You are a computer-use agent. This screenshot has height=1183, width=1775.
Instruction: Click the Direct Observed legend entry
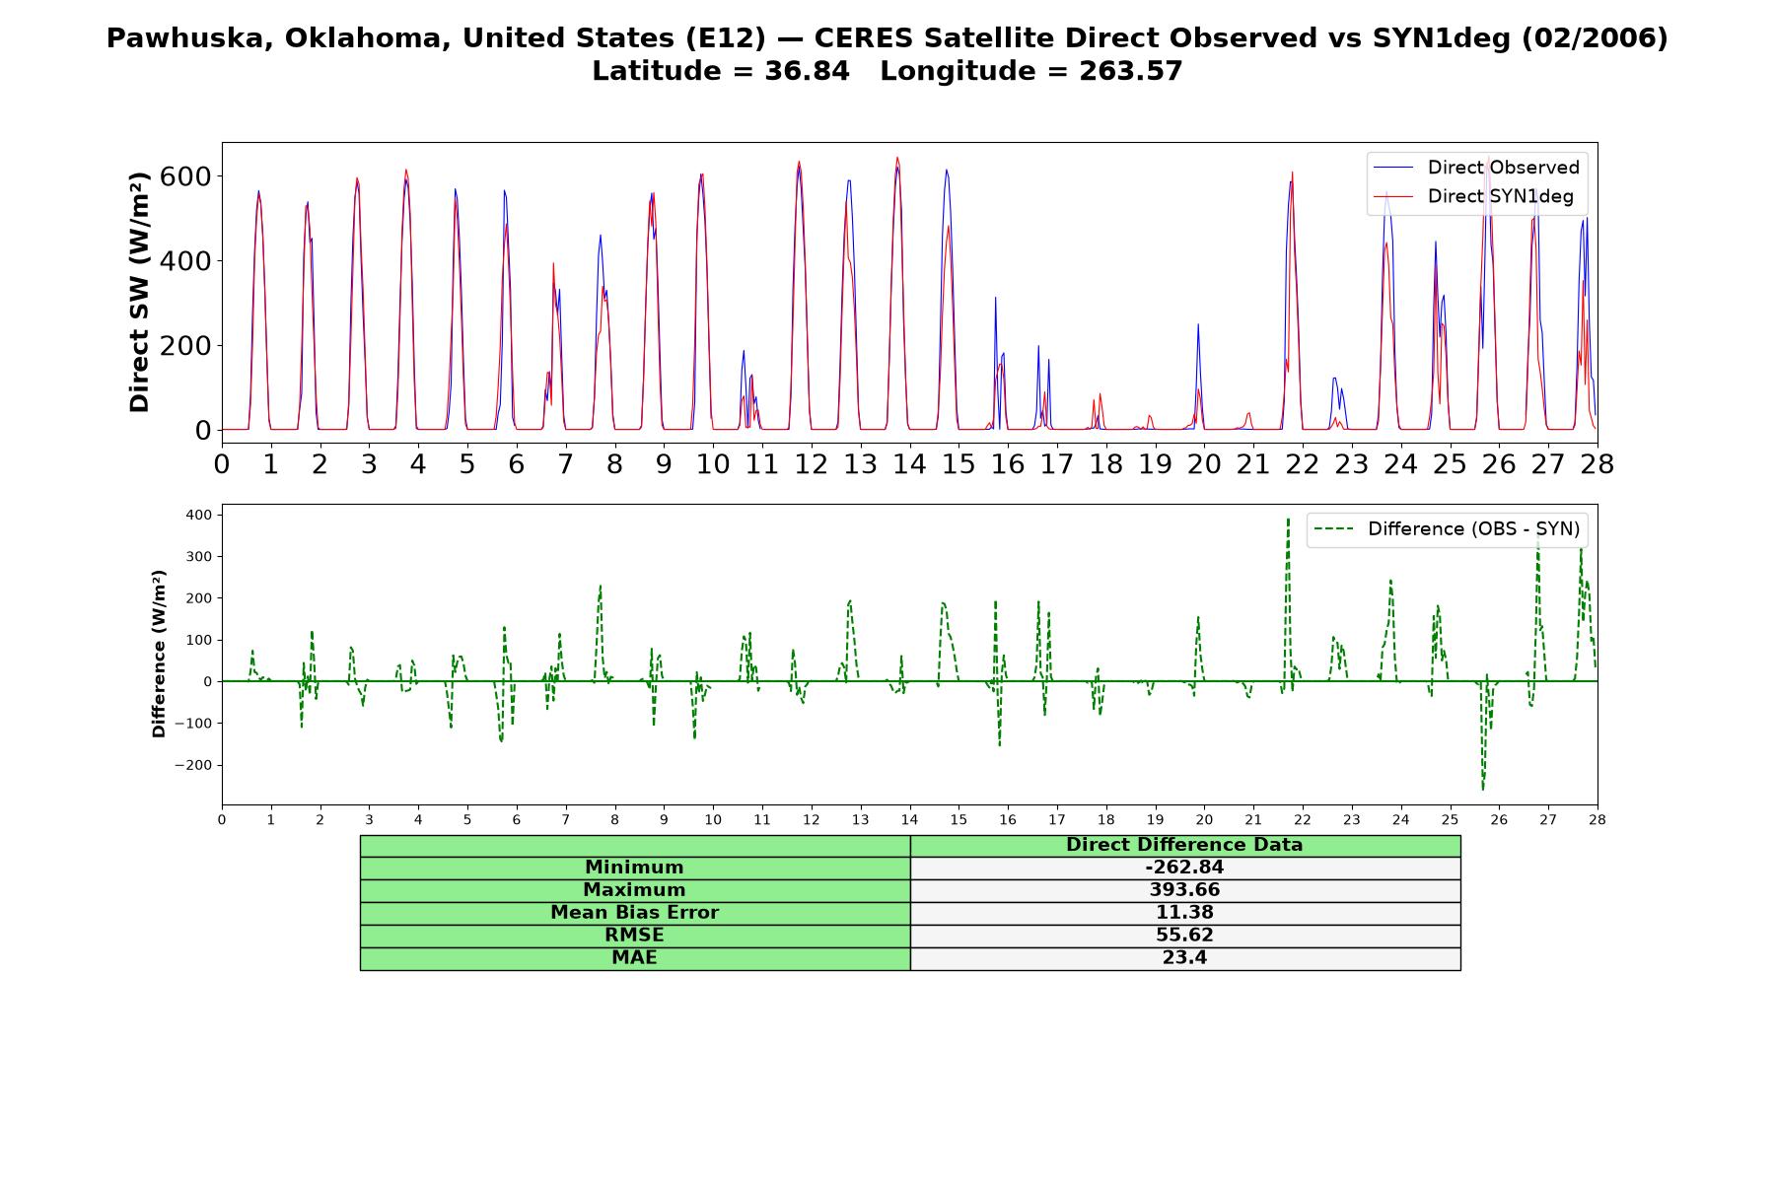[x=1476, y=168]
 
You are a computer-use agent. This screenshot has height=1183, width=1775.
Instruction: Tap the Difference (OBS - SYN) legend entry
[x=1447, y=529]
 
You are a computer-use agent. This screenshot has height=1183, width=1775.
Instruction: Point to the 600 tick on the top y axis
[x=189, y=176]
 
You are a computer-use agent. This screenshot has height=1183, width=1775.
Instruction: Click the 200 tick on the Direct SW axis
[x=189, y=346]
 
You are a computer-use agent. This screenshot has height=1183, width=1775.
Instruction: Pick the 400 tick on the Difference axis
[x=198, y=515]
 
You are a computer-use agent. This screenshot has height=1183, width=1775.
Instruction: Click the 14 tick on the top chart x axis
[x=909, y=463]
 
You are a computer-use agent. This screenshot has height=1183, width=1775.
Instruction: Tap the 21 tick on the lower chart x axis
[x=1253, y=819]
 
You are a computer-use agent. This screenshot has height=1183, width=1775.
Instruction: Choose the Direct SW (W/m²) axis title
[x=139, y=292]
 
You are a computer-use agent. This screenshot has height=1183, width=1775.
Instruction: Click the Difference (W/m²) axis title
[x=159, y=654]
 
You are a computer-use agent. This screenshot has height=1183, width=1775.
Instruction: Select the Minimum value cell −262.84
[x=1184, y=868]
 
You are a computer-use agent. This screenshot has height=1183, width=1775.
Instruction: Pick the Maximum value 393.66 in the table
[x=1184, y=890]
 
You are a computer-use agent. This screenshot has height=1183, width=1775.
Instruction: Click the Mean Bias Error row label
[x=634, y=913]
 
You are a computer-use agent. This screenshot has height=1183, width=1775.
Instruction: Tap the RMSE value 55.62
[x=1184, y=936]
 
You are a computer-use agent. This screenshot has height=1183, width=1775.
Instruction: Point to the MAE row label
[x=634, y=958]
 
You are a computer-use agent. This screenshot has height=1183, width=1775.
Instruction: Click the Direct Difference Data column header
[x=1184, y=845]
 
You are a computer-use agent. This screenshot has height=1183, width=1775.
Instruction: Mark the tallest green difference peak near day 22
[x=1288, y=520]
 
